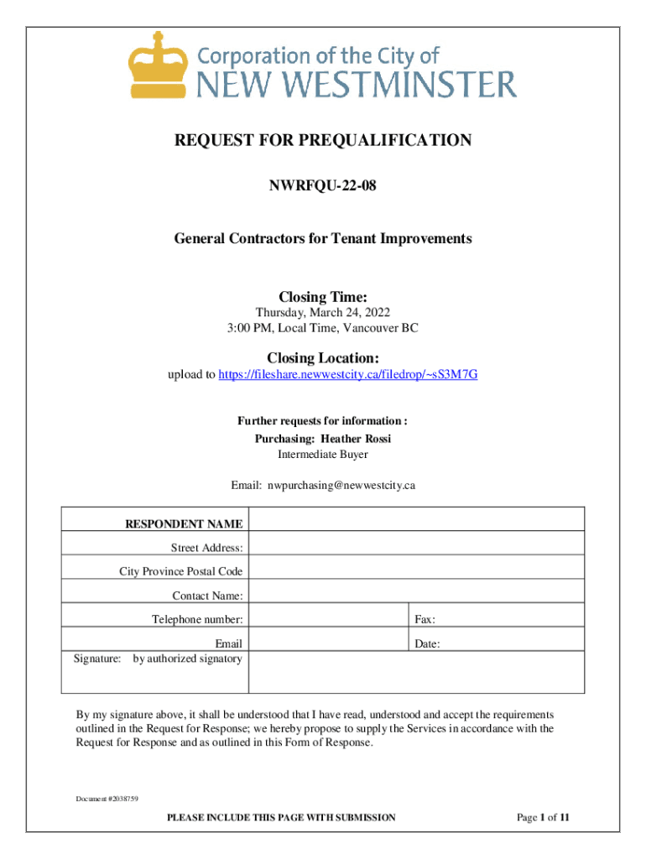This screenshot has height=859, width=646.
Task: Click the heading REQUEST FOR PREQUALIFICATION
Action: click(323, 140)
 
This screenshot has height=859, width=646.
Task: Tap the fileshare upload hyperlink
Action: click(348, 374)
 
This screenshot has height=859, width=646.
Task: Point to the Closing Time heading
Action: click(323, 297)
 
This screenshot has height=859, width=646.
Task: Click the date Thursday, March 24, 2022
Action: click(323, 313)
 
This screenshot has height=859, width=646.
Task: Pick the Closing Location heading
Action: click(323, 358)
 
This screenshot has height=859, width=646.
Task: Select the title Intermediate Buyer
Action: click(323, 455)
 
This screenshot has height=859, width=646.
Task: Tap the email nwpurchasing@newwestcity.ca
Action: click(341, 485)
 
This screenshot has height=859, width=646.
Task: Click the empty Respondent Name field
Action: click(416, 519)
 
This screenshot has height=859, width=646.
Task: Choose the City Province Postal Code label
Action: click(181, 572)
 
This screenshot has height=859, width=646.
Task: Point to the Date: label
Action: click(427, 644)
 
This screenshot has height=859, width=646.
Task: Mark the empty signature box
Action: click(416, 671)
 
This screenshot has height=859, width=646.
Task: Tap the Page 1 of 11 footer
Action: click(543, 817)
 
